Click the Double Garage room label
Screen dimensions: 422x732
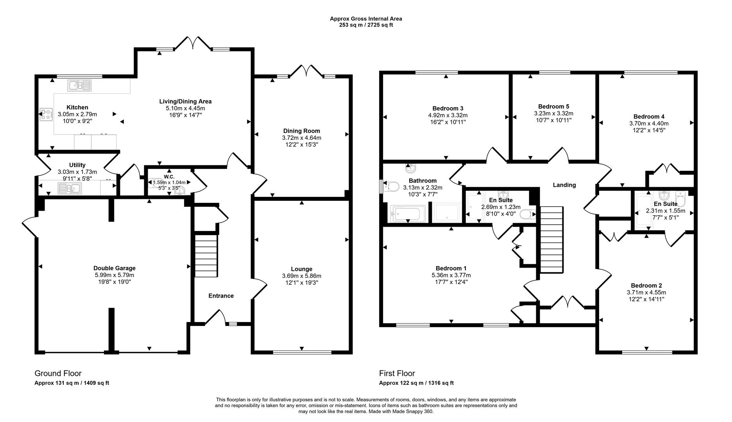click(x=114, y=268)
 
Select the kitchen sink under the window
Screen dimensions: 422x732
click(x=79, y=85)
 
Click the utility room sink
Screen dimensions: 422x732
click(x=69, y=189)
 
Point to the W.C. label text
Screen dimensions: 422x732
click(x=169, y=176)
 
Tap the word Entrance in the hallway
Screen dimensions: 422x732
click(x=221, y=296)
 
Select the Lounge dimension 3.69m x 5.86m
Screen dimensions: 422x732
click(x=301, y=276)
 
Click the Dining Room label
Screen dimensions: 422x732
click(x=301, y=131)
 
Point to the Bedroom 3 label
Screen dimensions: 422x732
click(x=447, y=108)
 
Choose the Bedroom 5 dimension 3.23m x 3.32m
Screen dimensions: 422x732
click(x=553, y=113)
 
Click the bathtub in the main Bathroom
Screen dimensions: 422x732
click(x=407, y=214)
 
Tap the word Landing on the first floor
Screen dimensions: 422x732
click(x=564, y=185)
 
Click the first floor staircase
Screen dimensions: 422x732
click(x=551, y=240)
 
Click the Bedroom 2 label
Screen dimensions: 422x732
click(x=646, y=286)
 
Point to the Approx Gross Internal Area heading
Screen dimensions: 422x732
click(x=365, y=18)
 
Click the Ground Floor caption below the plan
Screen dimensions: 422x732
click(x=58, y=373)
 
